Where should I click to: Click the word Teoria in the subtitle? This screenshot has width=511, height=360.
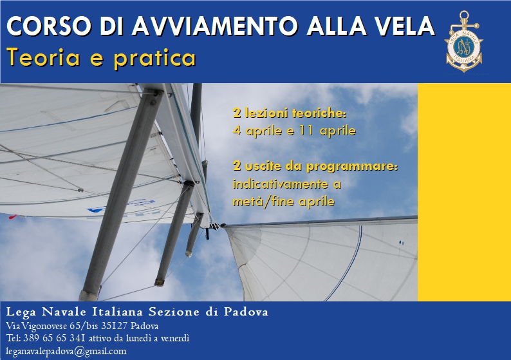pos(44,57)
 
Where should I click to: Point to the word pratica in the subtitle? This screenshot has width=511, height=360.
pos(155,58)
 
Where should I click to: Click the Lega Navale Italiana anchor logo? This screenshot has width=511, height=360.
pos(464,41)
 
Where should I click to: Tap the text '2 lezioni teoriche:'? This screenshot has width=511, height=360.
pos(290,113)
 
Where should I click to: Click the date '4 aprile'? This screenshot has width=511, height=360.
pos(257,131)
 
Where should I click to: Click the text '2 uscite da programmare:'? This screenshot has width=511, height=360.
pos(315,166)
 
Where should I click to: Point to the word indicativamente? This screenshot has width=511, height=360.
pos(280,184)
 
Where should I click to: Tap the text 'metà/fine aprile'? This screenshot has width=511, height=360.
pos(284,202)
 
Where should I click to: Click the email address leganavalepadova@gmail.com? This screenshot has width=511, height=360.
pos(66,352)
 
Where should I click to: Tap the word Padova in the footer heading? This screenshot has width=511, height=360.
pos(246,312)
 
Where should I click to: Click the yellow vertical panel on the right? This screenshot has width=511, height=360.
pos(465,192)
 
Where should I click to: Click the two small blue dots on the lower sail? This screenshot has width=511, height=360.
pos(402,243)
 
